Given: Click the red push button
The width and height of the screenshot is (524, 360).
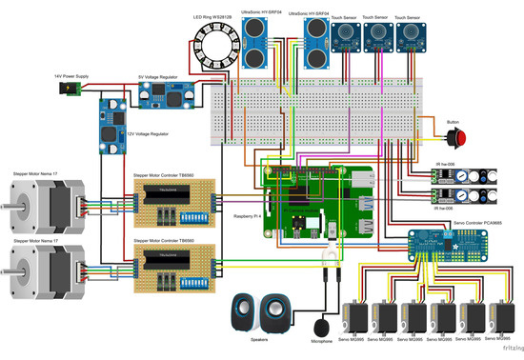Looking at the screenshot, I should [463, 138].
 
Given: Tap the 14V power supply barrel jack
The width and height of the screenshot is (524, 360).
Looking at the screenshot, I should [70, 90].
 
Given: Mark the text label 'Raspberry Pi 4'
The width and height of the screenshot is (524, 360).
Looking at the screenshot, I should [251, 217].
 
